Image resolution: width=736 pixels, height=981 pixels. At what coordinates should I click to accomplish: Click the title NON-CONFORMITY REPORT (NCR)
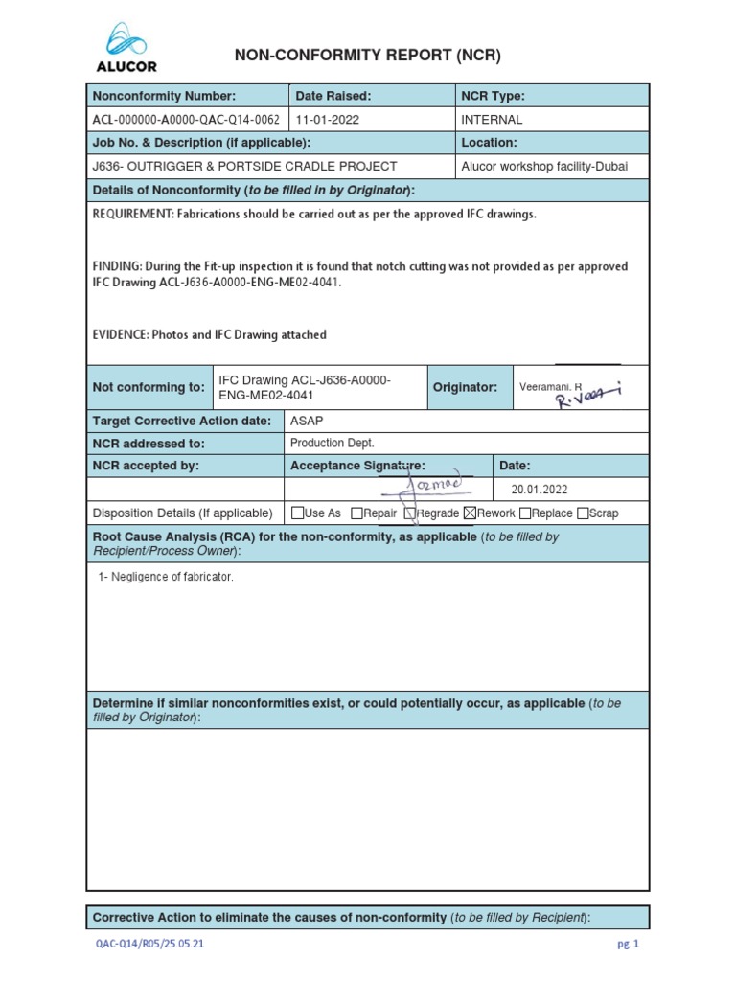point(368,57)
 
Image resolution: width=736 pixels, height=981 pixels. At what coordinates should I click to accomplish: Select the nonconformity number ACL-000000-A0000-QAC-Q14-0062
point(186,120)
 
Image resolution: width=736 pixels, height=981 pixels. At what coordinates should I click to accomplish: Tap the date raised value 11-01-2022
point(329,120)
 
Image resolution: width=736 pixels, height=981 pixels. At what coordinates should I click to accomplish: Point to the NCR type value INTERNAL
point(492,120)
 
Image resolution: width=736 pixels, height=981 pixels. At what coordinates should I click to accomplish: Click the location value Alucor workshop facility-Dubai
point(544,166)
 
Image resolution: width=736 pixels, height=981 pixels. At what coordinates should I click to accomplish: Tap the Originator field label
point(465,387)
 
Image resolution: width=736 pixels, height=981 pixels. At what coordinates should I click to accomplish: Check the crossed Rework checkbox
point(470,513)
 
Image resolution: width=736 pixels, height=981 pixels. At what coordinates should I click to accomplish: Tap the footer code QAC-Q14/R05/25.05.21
point(149,944)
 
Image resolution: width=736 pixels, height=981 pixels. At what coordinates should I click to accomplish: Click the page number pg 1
point(628,944)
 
